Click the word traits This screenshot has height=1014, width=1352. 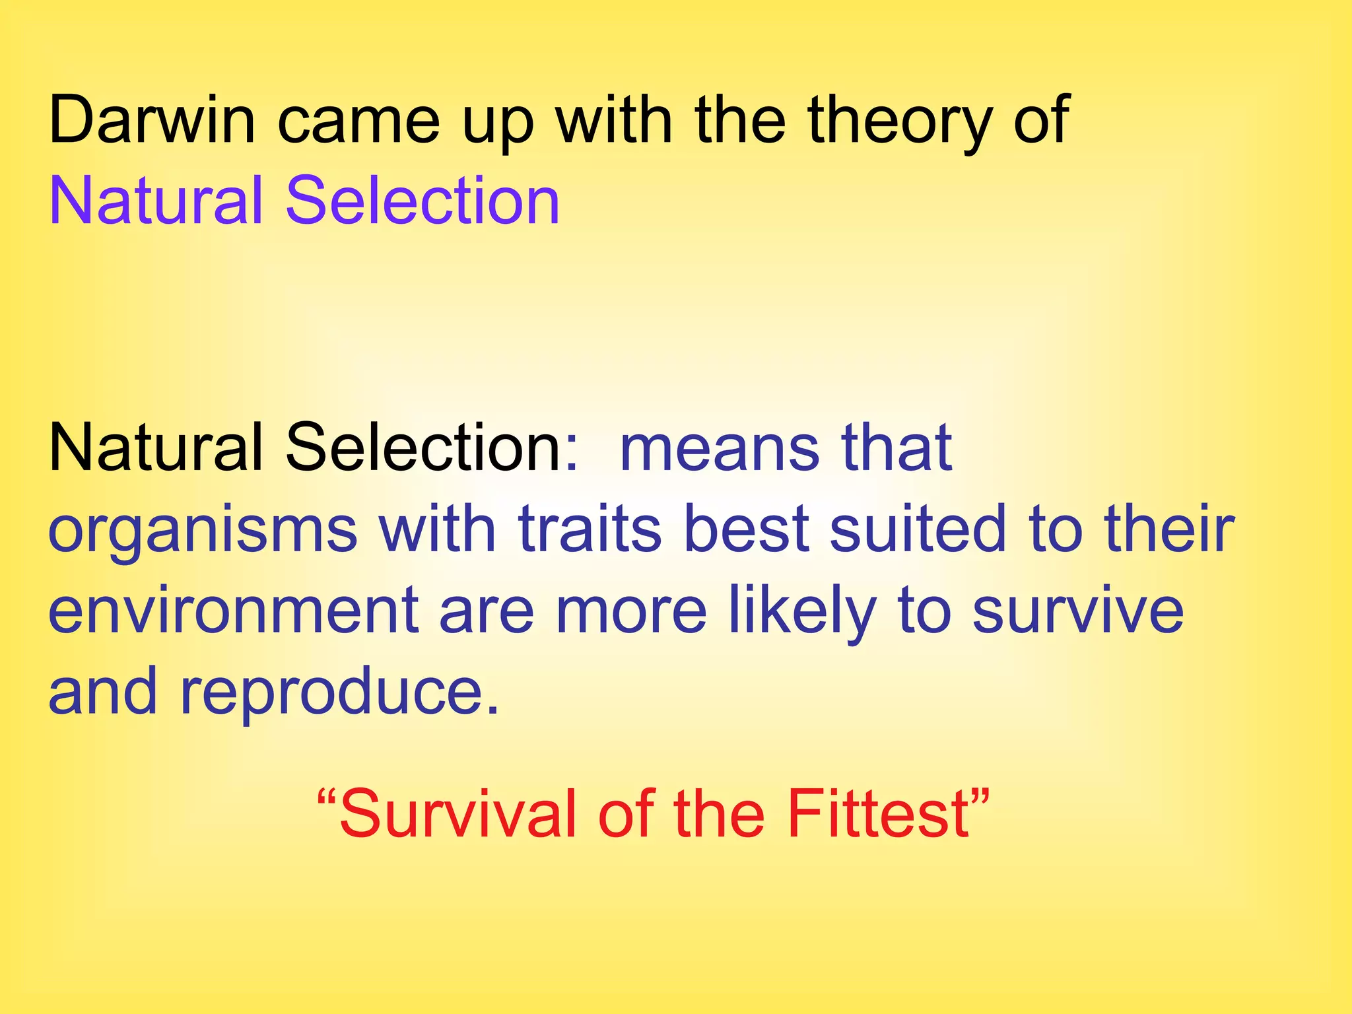[590, 528]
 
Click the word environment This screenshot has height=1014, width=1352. [233, 611]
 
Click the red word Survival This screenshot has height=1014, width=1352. [458, 813]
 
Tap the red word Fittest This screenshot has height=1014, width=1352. [879, 813]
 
